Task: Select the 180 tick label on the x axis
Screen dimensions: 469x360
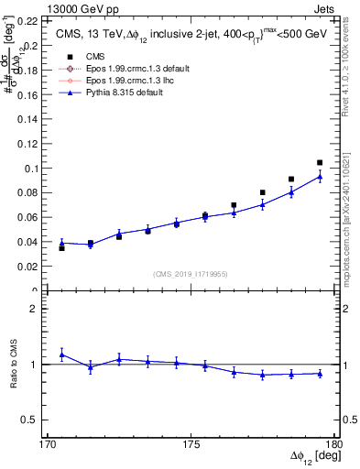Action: pos(335,445)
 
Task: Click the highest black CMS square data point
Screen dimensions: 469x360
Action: pos(320,163)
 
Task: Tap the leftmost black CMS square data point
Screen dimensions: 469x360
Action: pos(61,248)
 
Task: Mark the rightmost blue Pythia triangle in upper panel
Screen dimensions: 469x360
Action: pos(320,176)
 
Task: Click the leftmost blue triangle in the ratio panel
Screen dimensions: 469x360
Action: pos(61,354)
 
